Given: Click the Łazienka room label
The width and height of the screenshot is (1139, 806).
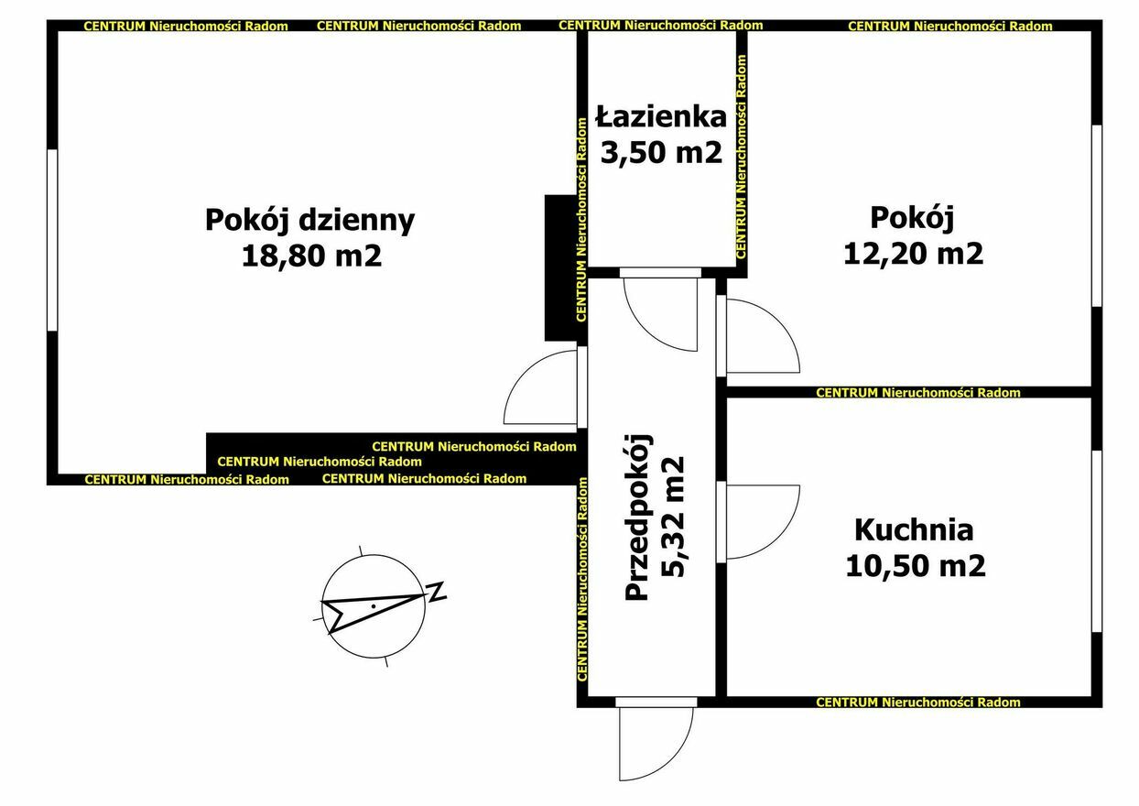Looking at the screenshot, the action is (x=661, y=116).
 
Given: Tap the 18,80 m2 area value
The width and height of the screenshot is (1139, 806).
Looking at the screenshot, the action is (x=311, y=256).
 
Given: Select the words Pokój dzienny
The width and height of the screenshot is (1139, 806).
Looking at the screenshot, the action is (x=310, y=221).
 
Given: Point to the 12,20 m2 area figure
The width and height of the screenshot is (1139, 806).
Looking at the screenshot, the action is (x=913, y=253).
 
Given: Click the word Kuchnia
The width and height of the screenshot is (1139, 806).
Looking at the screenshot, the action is (x=914, y=530).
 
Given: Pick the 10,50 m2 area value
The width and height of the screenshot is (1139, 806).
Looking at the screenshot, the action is (x=916, y=565).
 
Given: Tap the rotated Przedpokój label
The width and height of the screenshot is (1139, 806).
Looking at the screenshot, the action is (x=637, y=517).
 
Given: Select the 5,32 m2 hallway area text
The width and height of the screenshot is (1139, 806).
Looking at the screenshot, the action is (x=673, y=517).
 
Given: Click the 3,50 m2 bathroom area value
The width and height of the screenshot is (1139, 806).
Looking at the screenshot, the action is (x=661, y=151).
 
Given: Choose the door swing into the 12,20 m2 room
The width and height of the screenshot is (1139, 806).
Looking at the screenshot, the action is (x=778, y=321).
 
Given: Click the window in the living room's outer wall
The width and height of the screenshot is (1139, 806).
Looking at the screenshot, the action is (x=52, y=240).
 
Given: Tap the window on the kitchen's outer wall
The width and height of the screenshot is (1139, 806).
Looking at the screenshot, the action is (x=1097, y=541).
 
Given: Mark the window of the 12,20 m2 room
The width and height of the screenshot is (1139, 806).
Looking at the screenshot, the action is (x=1097, y=215).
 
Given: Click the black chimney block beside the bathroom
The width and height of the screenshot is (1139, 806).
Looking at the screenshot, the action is (x=560, y=268).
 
